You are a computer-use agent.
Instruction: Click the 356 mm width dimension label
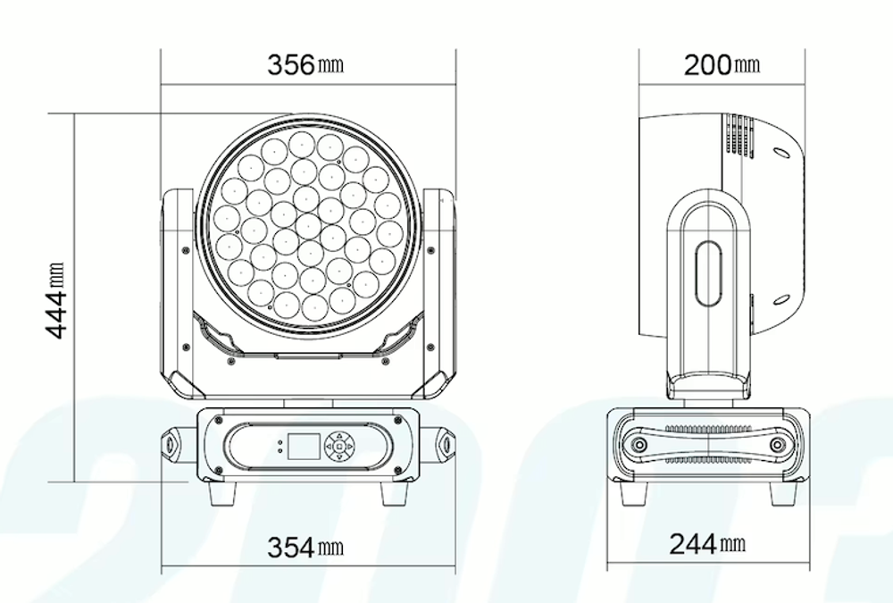[305, 64]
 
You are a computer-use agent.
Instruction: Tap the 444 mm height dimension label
[55, 300]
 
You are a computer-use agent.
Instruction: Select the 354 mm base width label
[305, 548]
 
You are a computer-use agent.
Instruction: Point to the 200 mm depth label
[722, 64]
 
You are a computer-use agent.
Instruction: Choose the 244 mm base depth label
[707, 544]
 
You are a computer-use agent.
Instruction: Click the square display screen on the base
[304, 447]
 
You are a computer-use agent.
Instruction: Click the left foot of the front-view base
[221, 494]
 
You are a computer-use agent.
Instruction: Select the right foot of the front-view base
[394, 494]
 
